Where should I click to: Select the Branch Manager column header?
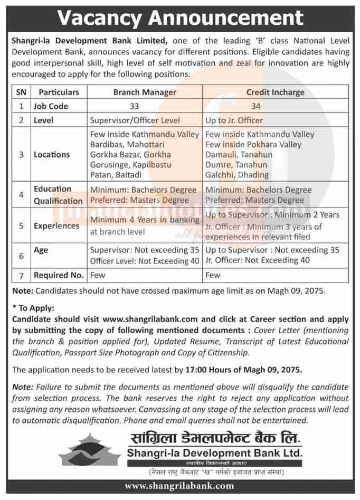pos(145,92)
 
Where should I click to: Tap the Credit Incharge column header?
pos(275,92)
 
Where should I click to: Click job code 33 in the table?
pos(145,106)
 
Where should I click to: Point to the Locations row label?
pos(52,155)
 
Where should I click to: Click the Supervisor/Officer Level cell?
pos(135,120)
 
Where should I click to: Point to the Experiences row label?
pos(56,225)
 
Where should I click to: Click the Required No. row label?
pos(59,275)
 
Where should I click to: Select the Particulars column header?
pos(59,92)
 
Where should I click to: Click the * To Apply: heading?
pos(33,308)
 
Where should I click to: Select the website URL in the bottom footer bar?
pos(179,486)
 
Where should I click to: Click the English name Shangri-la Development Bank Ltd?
pos(214,453)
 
